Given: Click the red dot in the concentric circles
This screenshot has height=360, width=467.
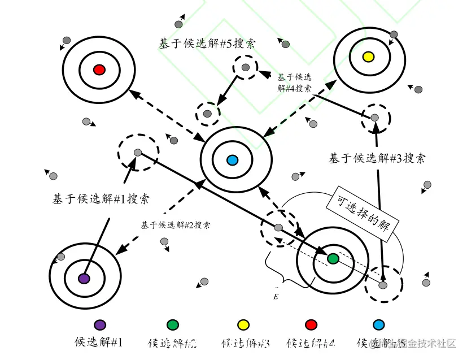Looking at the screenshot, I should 99,70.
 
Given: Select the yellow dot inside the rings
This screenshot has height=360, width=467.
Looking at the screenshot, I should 368,57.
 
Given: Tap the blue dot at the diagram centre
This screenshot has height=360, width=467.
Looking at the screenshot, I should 232,161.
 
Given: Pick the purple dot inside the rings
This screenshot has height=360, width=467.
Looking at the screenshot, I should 84,278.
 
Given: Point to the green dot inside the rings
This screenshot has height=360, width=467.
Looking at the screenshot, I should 333,258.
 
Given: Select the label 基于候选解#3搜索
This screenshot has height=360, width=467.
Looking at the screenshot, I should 377,158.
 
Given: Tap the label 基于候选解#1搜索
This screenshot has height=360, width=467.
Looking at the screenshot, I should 101,198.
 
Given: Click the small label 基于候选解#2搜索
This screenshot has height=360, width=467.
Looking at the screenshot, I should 176,224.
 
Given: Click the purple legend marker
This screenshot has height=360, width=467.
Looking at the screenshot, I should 99,324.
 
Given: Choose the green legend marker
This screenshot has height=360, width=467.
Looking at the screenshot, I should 173,324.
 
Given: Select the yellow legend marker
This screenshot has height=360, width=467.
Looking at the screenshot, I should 243,324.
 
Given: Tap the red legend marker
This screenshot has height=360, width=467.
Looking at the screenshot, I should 310,324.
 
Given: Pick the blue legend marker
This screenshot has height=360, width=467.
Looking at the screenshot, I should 379,324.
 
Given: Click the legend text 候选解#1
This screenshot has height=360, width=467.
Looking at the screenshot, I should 99,342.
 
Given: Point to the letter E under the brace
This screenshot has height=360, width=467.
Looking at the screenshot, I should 276,296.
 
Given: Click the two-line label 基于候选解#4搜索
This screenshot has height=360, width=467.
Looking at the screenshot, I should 294,83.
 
